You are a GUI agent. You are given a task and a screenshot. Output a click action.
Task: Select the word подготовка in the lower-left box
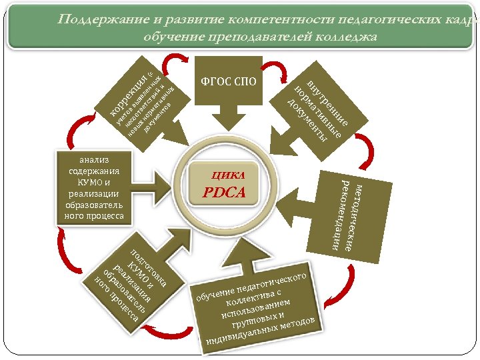pyautogui.click(x=148, y=269)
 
